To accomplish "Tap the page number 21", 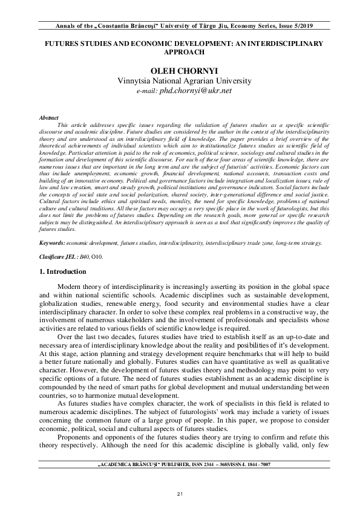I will pyautogui.click(x=180, y=495).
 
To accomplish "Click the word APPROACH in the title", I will pyautogui.click(x=180, y=53).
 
